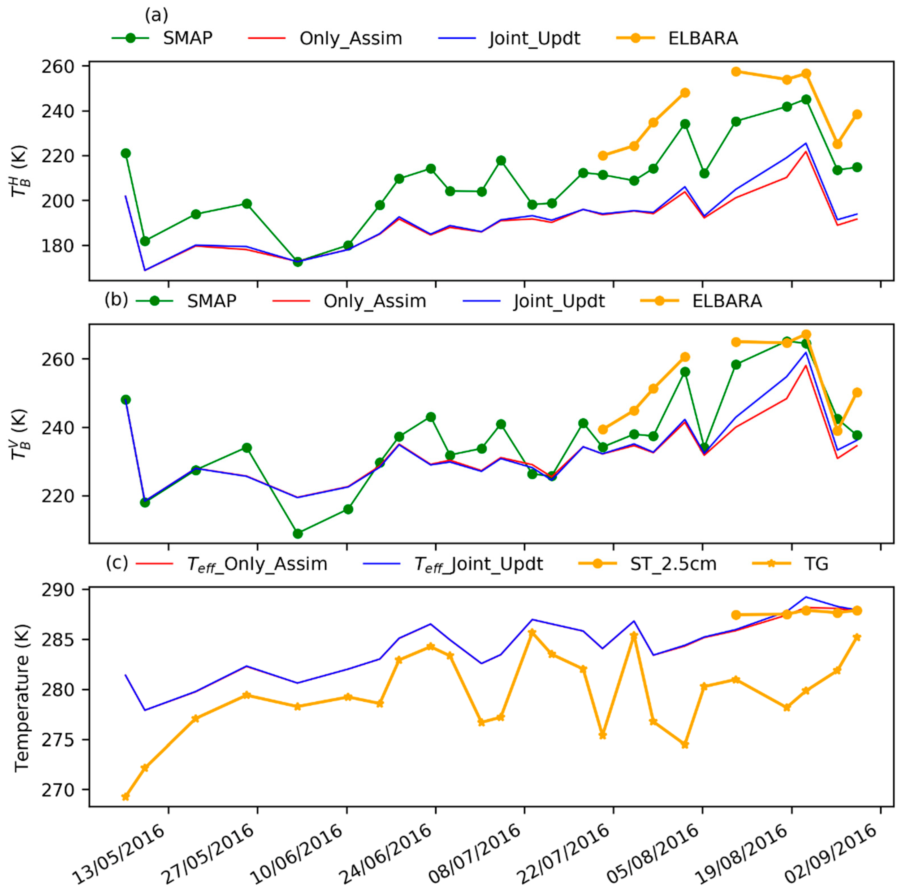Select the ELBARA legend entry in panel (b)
tap(727, 301)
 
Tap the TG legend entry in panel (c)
tap(816, 564)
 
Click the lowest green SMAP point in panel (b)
tap(298, 534)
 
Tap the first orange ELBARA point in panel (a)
tap(603, 156)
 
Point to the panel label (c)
tap(116, 563)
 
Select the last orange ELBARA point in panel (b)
tap(857, 392)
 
